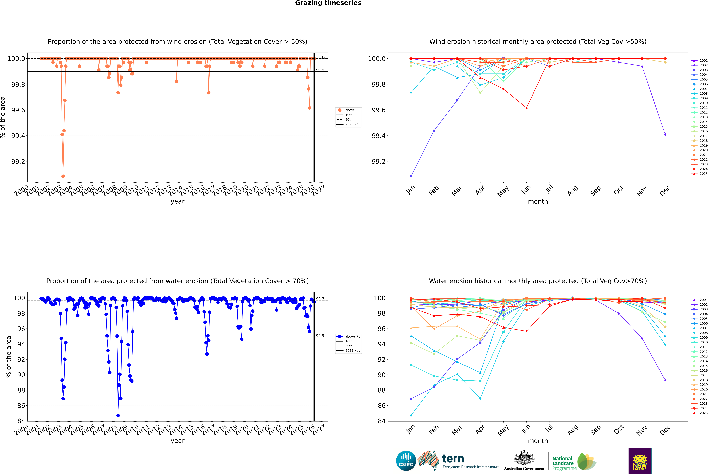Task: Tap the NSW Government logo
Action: coord(640,460)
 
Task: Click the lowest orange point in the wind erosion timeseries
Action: coord(63,176)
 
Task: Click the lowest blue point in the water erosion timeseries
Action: coord(118,415)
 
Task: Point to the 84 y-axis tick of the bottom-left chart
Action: coord(21,421)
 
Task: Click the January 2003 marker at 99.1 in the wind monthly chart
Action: coord(411,176)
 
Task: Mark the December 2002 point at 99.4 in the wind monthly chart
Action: coord(665,135)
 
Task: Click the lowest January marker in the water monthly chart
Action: coord(411,415)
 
